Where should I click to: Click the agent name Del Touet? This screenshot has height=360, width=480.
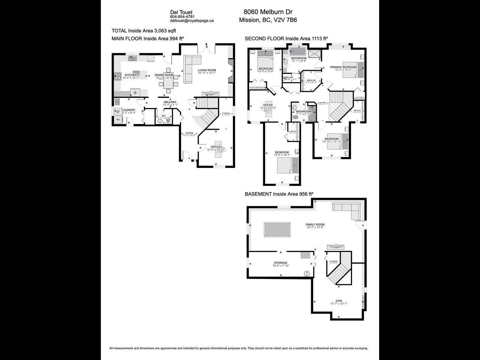point(181,12)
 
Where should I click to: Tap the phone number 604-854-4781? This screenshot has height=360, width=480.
point(182,17)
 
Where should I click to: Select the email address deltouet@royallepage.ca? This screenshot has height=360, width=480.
point(192,21)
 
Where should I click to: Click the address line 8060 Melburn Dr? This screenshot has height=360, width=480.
point(268,12)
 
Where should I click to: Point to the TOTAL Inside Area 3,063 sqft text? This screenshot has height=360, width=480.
point(144,31)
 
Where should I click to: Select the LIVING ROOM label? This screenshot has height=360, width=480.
point(207,70)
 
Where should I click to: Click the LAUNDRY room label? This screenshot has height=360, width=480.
point(128,110)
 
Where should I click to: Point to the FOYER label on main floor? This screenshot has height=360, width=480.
point(189,133)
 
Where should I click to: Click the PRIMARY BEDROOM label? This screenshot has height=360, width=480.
point(343,67)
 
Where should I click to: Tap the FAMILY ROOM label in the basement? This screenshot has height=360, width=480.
point(315,225)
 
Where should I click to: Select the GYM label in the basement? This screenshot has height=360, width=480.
point(339,301)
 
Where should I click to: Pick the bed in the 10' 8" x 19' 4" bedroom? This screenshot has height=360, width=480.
point(288,165)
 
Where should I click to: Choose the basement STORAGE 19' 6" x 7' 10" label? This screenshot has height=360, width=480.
point(280,263)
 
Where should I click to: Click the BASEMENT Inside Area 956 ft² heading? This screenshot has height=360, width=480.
point(279,194)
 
